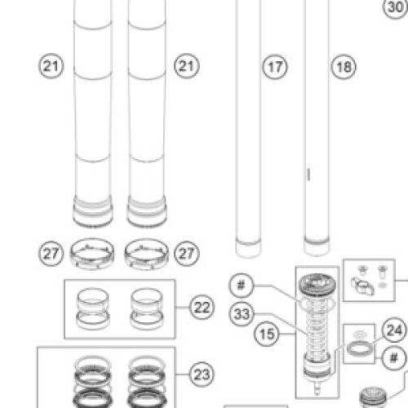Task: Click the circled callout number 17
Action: coord(275,67)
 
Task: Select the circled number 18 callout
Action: coord(344,67)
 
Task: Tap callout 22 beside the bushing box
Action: coord(202,308)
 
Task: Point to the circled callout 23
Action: coord(202,375)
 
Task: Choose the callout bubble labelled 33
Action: coord(242,314)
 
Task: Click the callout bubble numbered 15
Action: coord(267,334)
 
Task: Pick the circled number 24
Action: coord(394,330)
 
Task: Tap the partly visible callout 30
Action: coord(396,7)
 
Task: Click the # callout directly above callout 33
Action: coord(242,286)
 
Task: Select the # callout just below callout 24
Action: coord(394,358)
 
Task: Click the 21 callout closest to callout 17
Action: coord(187,66)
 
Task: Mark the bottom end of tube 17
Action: coord(248,255)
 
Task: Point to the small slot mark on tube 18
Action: coord(308,175)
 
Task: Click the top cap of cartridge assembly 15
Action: coord(317,285)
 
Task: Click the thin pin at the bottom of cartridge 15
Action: coord(317,388)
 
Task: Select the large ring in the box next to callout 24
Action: coord(359,349)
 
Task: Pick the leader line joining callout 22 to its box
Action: coord(182,308)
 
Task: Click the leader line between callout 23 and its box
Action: coord(182,375)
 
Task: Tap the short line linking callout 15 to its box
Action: coord(287,334)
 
